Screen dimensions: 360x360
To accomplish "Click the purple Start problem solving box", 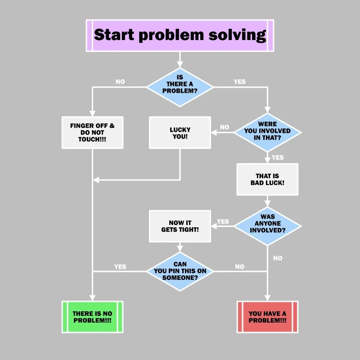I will (180, 35).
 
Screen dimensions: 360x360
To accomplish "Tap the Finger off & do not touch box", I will (92, 132).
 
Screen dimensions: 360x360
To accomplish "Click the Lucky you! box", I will (180, 132).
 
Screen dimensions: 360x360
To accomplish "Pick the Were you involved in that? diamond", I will (267, 132).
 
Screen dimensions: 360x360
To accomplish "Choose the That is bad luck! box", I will (267, 179).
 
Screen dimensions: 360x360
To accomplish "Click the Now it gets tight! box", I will (180, 226).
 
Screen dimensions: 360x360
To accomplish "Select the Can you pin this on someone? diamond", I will (180, 271).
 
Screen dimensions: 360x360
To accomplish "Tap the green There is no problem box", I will (92, 317).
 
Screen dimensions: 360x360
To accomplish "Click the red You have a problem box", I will (267, 317).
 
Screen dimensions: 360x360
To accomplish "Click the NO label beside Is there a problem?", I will (120, 82).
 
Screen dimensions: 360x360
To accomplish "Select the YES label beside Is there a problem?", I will (240, 82).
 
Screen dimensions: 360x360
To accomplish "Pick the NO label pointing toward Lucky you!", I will (225, 127).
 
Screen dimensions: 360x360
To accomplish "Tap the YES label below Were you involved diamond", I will (278, 157).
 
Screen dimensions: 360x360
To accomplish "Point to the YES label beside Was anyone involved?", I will (223, 221).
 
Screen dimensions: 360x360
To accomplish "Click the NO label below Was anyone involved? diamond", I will (278, 258).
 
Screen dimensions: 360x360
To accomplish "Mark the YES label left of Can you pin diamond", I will (120, 266).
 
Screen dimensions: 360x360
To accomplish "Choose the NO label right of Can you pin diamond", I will (240, 266).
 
